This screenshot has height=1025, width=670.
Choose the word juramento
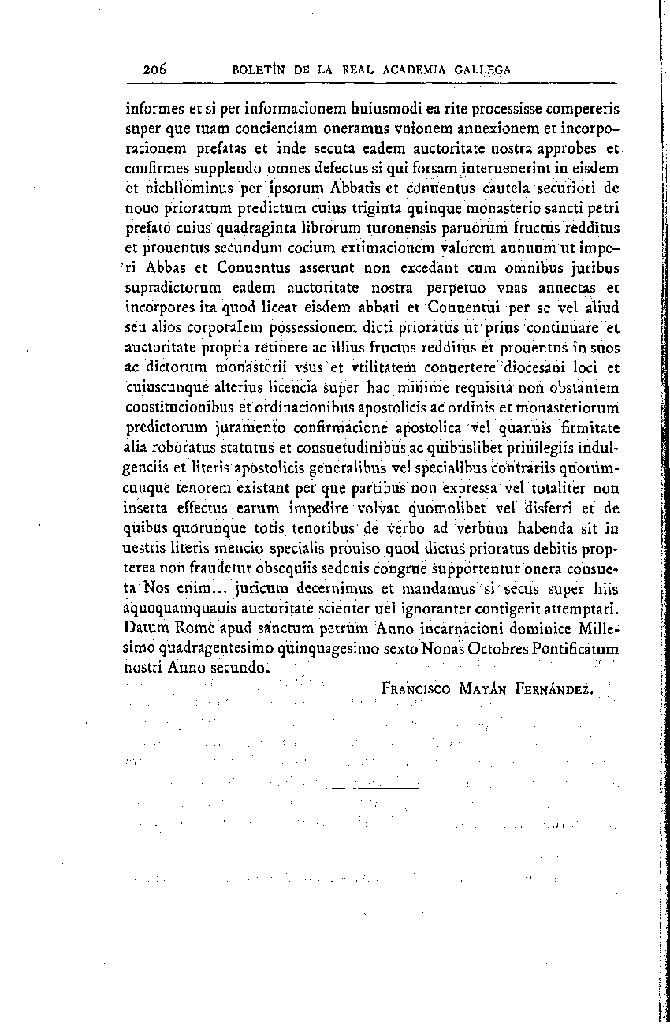[248, 428]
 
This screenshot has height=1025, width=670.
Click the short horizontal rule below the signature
[370, 788]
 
